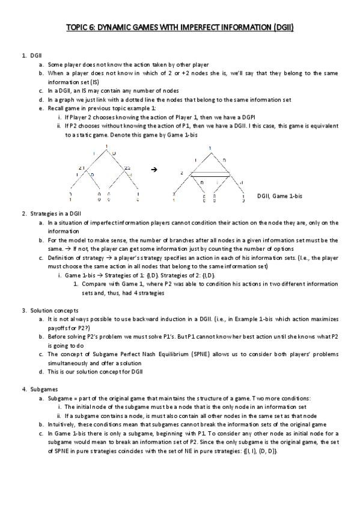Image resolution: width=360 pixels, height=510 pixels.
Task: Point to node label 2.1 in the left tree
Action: [82, 168]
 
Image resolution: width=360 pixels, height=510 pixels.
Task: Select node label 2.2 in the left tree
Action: [127, 168]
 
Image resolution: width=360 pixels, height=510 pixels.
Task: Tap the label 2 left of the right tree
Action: [182, 173]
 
